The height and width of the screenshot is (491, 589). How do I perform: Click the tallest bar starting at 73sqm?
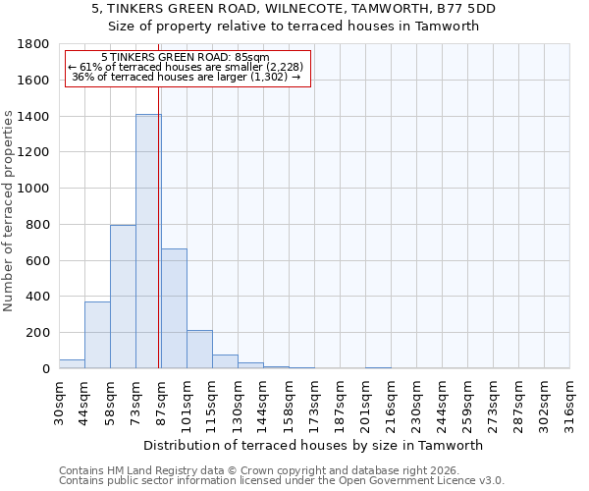(148, 242)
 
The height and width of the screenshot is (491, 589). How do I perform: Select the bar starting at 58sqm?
(123, 297)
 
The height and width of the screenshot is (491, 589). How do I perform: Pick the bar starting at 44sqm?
(97, 335)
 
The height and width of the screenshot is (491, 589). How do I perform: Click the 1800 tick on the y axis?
(34, 44)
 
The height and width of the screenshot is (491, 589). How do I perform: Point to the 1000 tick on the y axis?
(34, 189)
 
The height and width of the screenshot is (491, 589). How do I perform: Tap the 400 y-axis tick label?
(38, 297)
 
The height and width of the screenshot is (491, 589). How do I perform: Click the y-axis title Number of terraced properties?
(9, 211)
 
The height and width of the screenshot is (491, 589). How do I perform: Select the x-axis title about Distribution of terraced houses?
(313, 446)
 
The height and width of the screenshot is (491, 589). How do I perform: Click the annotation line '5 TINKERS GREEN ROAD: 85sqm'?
(186, 58)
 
